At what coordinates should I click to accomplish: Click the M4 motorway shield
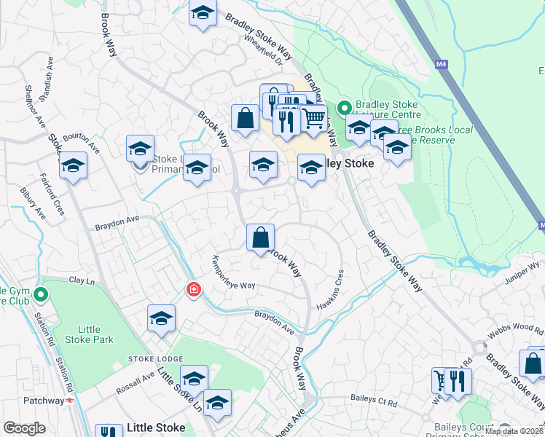tap(440, 65)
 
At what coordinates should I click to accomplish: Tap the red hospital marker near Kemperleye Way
tap(193, 291)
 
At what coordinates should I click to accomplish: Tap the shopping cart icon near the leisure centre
tap(314, 117)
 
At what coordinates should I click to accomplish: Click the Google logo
tap(24, 428)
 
